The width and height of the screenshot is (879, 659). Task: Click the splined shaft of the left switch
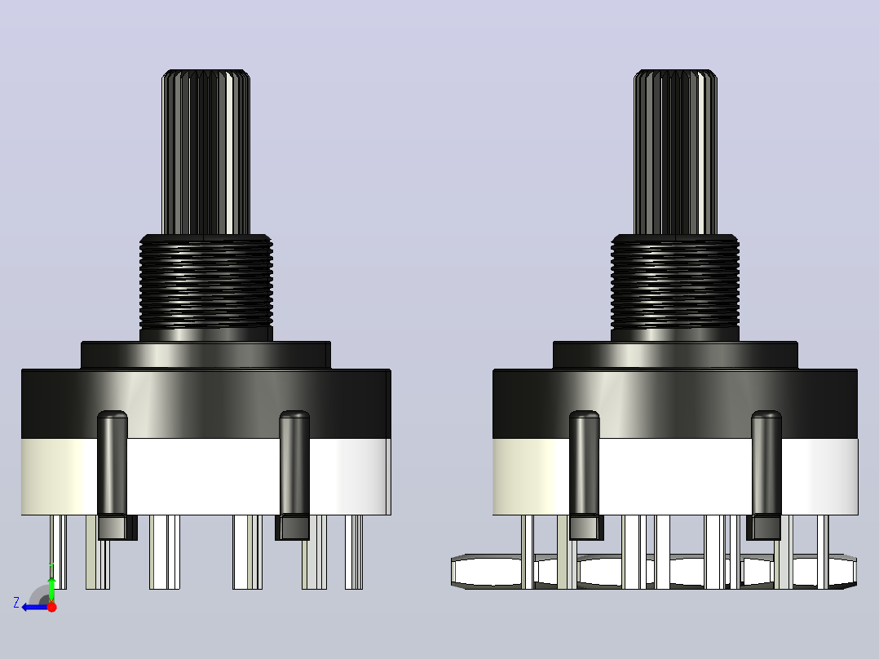(205, 152)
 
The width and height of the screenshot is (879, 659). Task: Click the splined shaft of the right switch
(675, 152)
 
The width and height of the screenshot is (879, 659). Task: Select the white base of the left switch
(205, 477)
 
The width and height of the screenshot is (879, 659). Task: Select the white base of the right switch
(675, 477)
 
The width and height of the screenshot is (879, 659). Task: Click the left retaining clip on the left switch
(114, 475)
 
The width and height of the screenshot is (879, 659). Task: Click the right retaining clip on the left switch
(294, 475)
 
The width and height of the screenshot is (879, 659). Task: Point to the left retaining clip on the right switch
(585, 475)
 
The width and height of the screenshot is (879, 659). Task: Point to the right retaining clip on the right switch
(765, 475)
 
